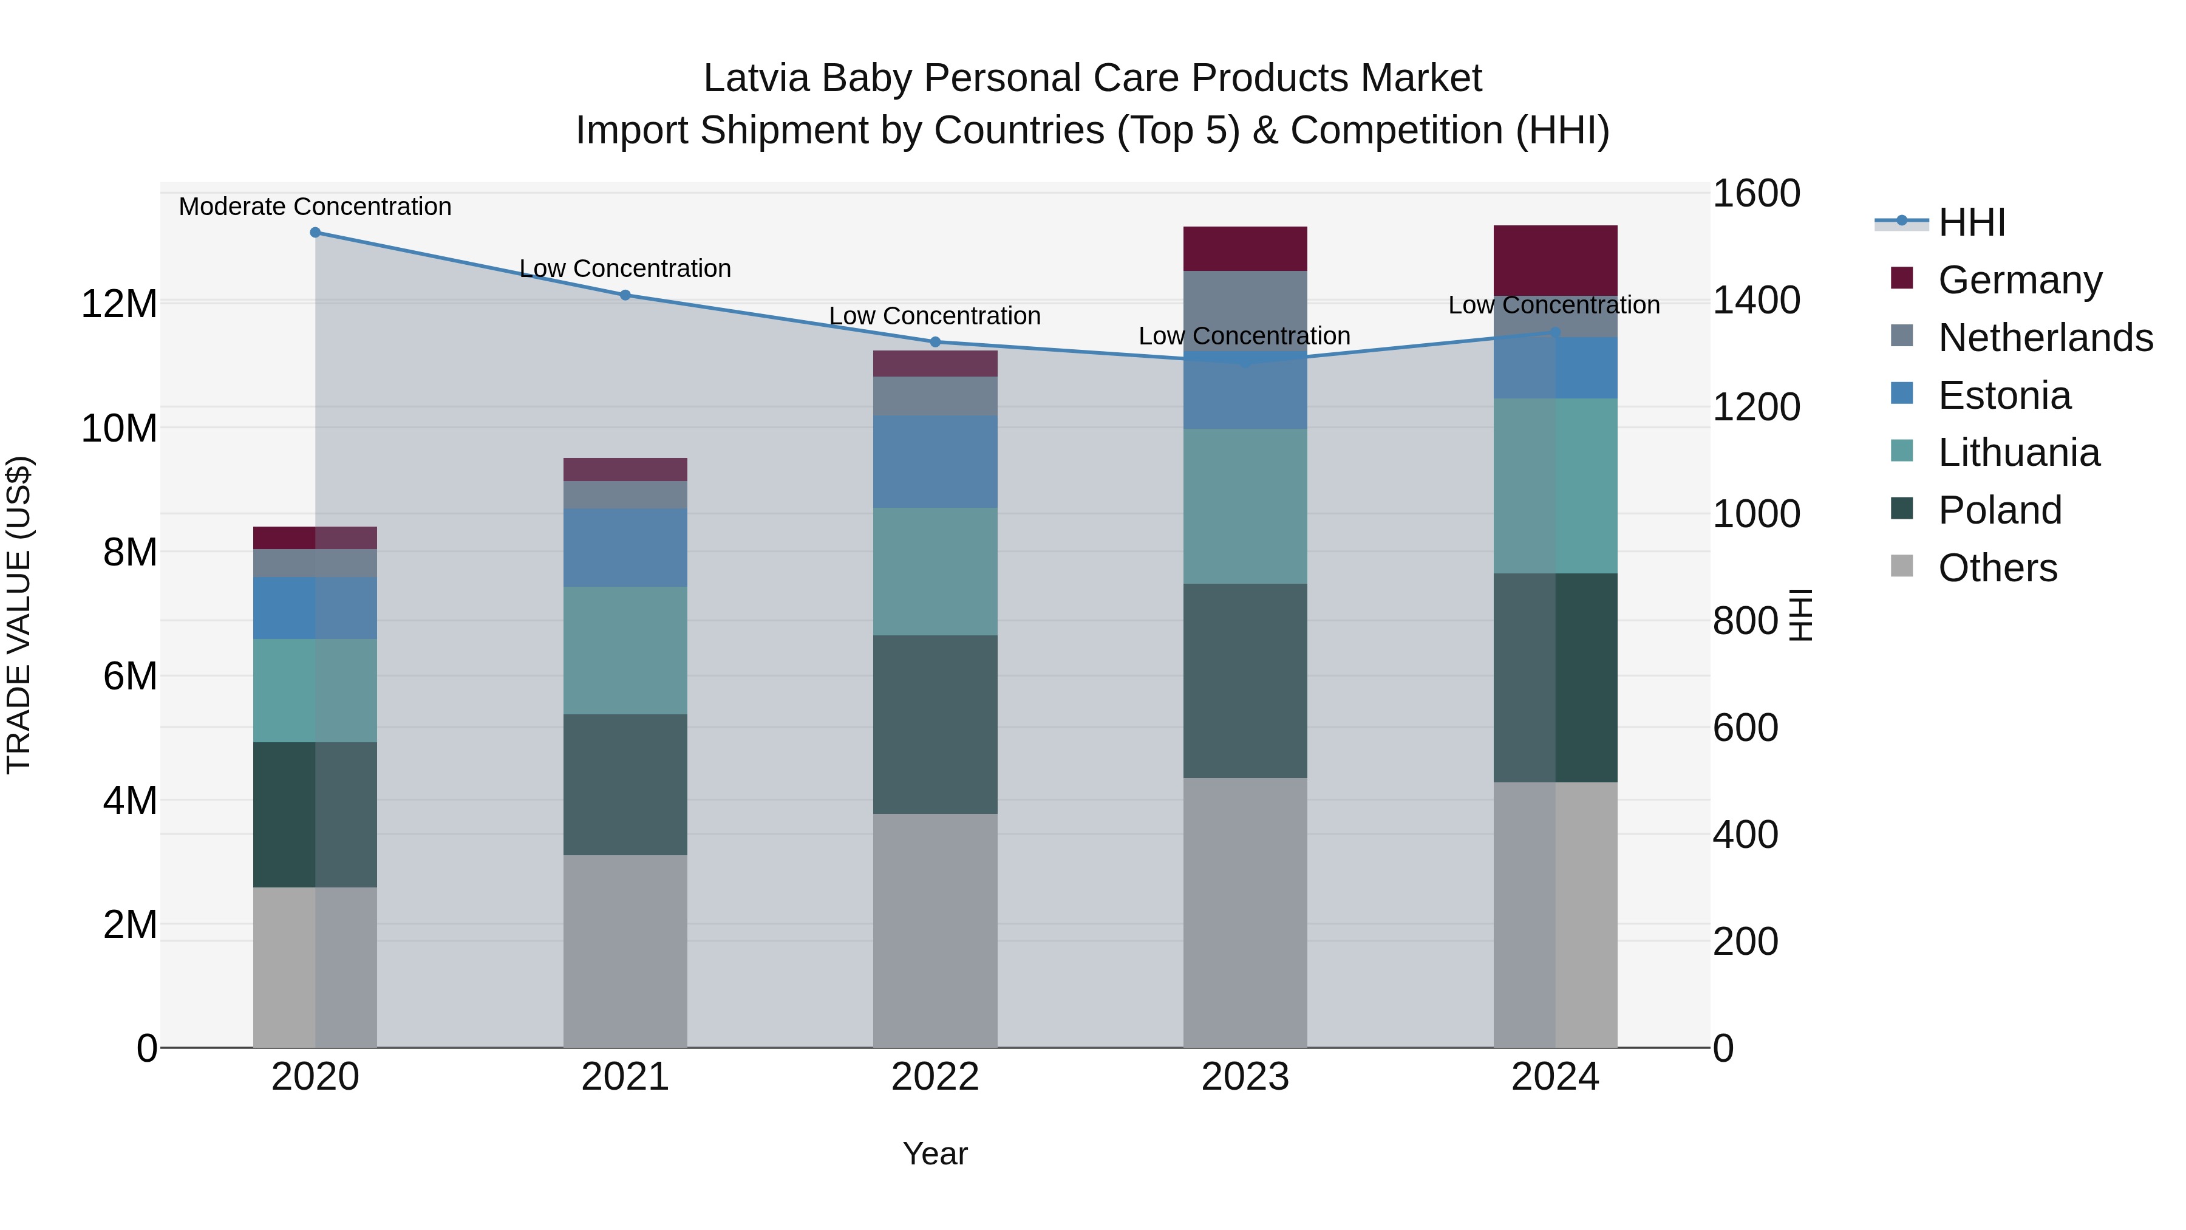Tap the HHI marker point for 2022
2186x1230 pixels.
pos(935,342)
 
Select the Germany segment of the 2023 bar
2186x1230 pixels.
pos(1245,248)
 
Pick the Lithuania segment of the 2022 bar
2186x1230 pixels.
pos(935,572)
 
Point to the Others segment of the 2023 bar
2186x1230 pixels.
pos(1245,912)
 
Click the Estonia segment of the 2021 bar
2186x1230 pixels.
pos(625,547)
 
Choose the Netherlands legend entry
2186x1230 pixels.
pos(2045,338)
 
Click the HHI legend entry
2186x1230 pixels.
pos(1971,222)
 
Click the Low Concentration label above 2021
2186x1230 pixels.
pos(625,268)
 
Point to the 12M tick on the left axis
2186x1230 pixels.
pos(119,304)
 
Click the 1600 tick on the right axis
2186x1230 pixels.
pos(1755,194)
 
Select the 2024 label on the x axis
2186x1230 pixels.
pos(1554,1077)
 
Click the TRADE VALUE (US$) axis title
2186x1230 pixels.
pos(19,615)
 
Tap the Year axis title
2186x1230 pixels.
pos(935,1153)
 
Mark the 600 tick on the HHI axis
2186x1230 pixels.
pos(1745,728)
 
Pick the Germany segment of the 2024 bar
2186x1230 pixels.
pos(1554,261)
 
